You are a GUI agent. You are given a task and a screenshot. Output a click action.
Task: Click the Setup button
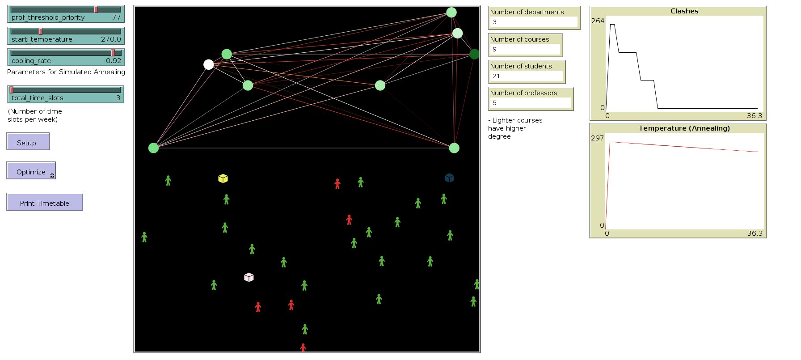click(28, 142)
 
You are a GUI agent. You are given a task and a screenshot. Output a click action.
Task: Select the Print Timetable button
click(44, 203)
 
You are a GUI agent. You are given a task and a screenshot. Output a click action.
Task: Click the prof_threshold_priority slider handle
click(96, 9)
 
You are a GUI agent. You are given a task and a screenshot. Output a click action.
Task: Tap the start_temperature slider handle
click(41, 31)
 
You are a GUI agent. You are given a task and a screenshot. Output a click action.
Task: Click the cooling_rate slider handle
click(113, 53)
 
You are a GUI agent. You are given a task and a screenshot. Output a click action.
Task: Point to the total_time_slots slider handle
click(12, 90)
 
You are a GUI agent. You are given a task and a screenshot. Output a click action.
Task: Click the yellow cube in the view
click(223, 178)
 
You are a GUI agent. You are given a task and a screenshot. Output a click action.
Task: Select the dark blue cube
click(449, 178)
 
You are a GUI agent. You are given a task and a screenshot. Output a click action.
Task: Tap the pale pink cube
click(249, 277)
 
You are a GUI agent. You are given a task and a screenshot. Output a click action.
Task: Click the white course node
click(208, 64)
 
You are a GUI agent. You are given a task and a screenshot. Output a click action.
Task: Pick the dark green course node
click(474, 54)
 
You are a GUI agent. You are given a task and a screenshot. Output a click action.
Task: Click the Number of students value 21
click(496, 76)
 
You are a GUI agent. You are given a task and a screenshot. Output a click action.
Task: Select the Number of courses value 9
click(494, 49)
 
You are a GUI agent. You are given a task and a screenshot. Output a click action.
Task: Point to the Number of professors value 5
click(494, 103)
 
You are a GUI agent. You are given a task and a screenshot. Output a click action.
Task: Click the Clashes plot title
click(684, 11)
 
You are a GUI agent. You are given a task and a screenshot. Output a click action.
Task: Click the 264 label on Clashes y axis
click(598, 21)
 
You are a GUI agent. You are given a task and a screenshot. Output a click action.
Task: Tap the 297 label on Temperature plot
click(597, 138)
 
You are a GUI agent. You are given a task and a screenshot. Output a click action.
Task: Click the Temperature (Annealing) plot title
click(684, 128)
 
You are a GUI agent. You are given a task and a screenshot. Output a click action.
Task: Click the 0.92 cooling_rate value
click(114, 61)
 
